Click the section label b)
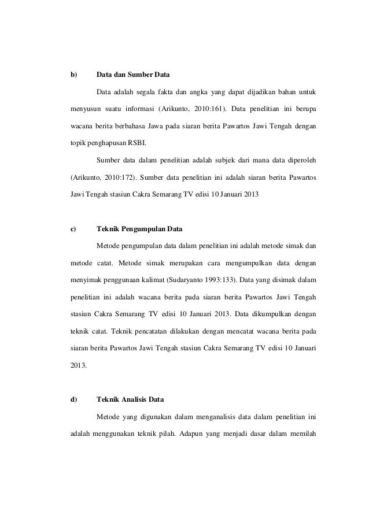[x=73, y=75]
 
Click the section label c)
[x=73, y=228]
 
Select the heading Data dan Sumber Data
[x=133, y=75]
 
